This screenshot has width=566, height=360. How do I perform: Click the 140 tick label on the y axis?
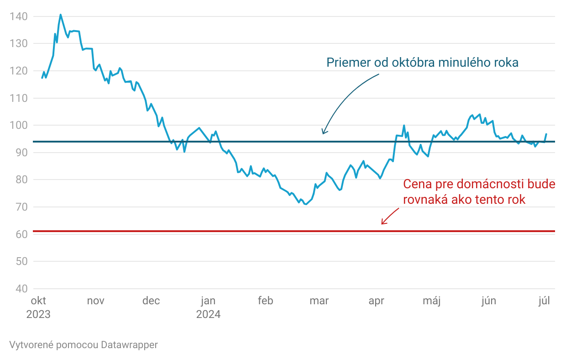pyautogui.click(x=18, y=16)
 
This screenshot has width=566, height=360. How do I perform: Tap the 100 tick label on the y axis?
pyautogui.click(x=18, y=125)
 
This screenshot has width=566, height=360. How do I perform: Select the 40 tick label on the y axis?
pyautogui.click(x=21, y=289)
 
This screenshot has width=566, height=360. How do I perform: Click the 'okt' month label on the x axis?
pyautogui.click(x=38, y=301)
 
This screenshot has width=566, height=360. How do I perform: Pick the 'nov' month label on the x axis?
pyautogui.click(x=95, y=301)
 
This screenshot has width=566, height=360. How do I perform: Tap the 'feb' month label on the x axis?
pyautogui.click(x=265, y=301)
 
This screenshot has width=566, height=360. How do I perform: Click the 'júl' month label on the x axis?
pyautogui.click(x=545, y=301)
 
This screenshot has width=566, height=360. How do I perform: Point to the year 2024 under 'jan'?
pyautogui.click(x=208, y=315)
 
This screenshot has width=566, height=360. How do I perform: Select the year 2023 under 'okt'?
pyautogui.click(x=38, y=315)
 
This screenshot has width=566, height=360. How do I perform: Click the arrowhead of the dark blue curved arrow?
pyautogui.click(x=323, y=133)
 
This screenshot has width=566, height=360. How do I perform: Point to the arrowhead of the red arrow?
pyautogui.click(x=382, y=224)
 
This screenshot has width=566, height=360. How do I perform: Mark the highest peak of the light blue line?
pyautogui.click(x=60, y=15)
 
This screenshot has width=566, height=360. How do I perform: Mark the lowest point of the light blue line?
pyautogui.click(x=305, y=204)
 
